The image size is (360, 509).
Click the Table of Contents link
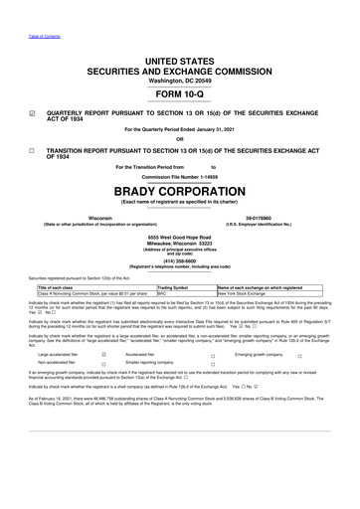click(x=43, y=9)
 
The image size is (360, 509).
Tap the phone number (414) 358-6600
click(x=180, y=234)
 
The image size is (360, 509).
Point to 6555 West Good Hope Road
click(x=180, y=212)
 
